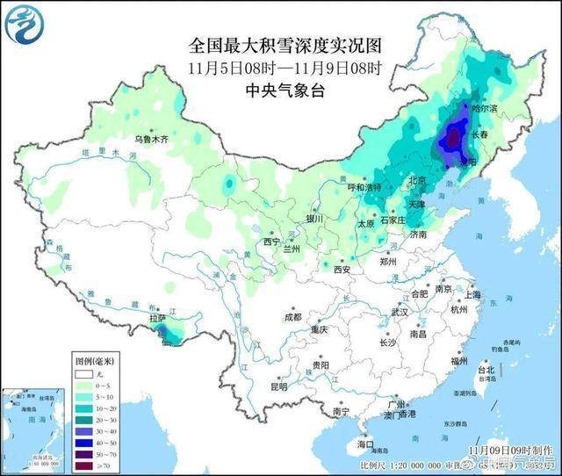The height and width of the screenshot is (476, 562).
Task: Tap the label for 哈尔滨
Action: (x=484, y=108)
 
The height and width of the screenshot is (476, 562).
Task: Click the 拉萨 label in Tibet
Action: (x=157, y=319)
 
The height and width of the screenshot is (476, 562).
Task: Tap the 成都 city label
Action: (x=292, y=317)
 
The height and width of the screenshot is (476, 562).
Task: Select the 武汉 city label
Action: (x=400, y=312)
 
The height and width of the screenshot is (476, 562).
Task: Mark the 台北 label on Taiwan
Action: (x=485, y=371)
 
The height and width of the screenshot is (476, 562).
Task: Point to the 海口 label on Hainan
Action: (x=364, y=444)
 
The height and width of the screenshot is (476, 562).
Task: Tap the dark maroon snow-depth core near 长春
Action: (x=453, y=137)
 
